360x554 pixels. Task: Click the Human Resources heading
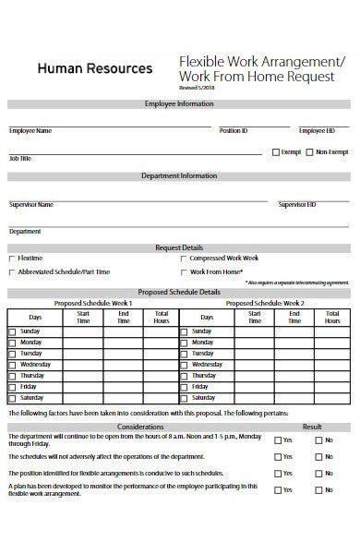point(95,68)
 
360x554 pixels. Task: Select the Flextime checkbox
point(12,258)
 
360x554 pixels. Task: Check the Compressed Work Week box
point(183,258)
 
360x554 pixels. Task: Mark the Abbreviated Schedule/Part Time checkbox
point(12,271)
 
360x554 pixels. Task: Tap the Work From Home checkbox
point(183,271)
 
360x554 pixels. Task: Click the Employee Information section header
point(179,104)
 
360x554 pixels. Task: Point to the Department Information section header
point(179,175)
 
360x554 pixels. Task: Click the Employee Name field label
point(30,131)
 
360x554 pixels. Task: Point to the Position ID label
point(233,131)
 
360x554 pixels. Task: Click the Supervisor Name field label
point(31,204)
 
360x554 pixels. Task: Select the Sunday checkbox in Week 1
point(12,331)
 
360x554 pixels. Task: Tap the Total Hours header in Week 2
point(332,317)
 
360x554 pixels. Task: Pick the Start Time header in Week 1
point(83,317)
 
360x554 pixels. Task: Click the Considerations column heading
point(140,427)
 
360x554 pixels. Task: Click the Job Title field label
point(20,158)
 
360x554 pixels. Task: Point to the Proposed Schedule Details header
point(179,290)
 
